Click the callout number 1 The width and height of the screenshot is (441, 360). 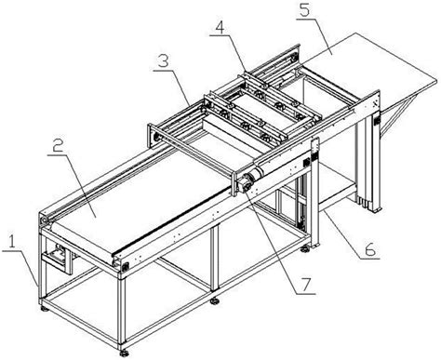coord(11,241)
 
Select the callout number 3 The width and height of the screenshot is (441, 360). coord(163,62)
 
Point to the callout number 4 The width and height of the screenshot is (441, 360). coord(220,28)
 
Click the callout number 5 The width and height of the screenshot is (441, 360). coord(304,10)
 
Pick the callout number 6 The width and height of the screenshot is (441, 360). coord(369,250)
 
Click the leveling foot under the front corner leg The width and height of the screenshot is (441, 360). coord(124,353)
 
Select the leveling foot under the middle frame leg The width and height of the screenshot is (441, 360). coord(214,300)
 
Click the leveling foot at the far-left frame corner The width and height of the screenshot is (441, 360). coord(45,309)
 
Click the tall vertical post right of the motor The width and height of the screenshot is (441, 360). coord(314,193)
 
